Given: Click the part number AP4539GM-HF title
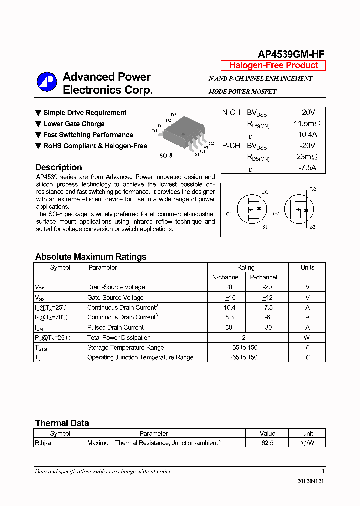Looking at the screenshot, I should coord(291,55).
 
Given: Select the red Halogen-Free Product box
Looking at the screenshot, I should coord(273,65).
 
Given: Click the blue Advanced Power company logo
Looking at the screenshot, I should coord(47,82).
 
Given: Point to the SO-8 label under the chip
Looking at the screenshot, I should coord(166,155).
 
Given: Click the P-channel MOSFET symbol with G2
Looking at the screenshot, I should coord(299,210).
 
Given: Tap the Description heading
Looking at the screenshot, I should coord(58,167).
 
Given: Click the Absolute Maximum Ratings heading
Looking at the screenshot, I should coord(91,257).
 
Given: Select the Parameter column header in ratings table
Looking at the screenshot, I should coord(103,268).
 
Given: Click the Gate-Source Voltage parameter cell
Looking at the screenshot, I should coord(115,297).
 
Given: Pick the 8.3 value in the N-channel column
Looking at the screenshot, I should coord(229,317).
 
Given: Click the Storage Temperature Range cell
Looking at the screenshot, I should coord(125,347).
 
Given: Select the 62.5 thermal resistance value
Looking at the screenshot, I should coord(267,443).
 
